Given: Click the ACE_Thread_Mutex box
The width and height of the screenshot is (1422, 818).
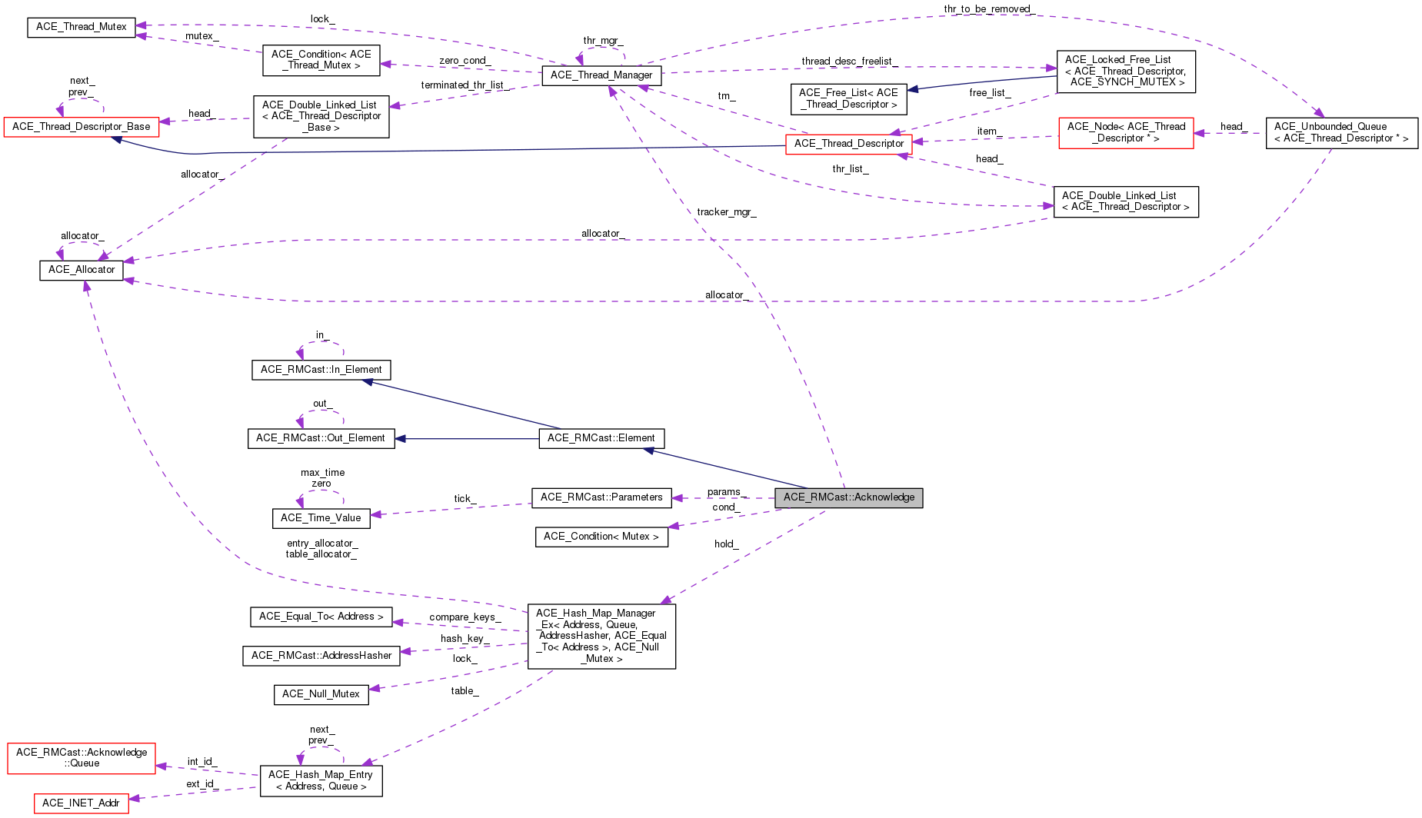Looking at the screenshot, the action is [x=82, y=27].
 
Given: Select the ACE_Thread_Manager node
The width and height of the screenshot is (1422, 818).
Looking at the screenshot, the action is [x=601, y=75].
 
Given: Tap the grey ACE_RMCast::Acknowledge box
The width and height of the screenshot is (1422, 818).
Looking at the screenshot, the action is [x=849, y=497].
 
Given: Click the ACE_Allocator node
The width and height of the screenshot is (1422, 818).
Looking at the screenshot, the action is [x=82, y=270].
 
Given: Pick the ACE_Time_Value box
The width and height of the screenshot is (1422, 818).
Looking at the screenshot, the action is [x=321, y=518].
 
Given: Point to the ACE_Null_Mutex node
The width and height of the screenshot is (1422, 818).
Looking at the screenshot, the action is [x=321, y=694].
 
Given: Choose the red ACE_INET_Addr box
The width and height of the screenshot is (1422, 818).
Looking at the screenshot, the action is [x=81, y=803].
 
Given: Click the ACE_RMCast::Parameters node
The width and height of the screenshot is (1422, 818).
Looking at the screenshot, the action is [x=601, y=497].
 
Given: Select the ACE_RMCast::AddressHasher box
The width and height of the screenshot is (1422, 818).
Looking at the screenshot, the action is [x=321, y=656].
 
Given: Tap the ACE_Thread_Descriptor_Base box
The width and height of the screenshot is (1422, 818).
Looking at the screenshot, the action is [x=82, y=127].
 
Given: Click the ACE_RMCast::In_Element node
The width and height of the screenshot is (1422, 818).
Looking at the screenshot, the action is [x=321, y=370].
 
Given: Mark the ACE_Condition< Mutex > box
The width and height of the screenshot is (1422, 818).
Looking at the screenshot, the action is [x=601, y=537].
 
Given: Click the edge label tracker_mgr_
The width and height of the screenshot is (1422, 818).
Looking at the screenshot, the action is [x=727, y=212].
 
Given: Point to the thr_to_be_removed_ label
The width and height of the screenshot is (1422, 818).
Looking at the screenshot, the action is [x=989, y=9].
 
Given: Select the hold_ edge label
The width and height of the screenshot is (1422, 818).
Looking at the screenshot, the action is [x=726, y=544].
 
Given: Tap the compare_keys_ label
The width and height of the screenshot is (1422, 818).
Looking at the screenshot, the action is [x=465, y=617].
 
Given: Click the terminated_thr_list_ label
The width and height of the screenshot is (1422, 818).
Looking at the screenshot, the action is [x=465, y=85].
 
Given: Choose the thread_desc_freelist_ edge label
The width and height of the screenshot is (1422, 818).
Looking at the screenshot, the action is [x=849, y=62].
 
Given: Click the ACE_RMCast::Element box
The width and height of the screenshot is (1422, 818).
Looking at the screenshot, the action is [x=601, y=438].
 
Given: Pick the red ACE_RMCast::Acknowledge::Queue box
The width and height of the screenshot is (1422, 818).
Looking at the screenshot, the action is [x=81, y=758].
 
